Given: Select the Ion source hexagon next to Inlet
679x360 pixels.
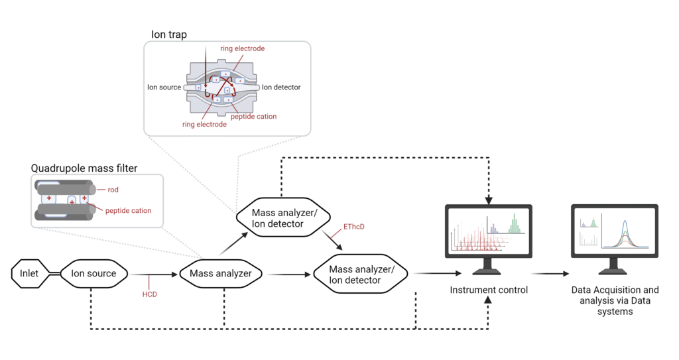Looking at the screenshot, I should pyautogui.click(x=93, y=273).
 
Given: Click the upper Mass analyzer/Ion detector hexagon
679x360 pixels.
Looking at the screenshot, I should pyautogui.click(x=277, y=218).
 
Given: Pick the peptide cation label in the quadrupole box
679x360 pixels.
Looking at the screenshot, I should pyautogui.click(x=128, y=211).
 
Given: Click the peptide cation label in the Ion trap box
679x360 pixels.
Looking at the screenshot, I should pyautogui.click(x=253, y=116).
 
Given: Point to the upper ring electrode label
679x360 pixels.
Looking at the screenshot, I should pyautogui.click(x=242, y=48).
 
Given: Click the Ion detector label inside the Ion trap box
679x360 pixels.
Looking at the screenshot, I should pyautogui.click(x=281, y=87).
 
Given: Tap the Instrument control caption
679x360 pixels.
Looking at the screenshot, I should pyautogui.click(x=489, y=290).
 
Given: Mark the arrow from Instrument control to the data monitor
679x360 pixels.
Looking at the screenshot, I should pyautogui.click(x=550, y=272).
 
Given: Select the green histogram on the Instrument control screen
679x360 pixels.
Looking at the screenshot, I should pyautogui.click(x=514, y=224).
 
